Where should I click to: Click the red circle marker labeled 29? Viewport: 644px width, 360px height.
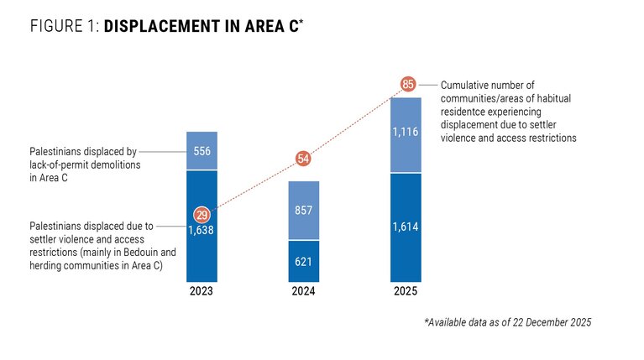202,214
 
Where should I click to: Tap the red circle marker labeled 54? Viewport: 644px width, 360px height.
304,159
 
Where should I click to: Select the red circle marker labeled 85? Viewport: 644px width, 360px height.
408,84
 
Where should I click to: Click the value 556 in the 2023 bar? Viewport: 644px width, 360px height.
202,152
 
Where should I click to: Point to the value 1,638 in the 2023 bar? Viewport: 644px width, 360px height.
202,228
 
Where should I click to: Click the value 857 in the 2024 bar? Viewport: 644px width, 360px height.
304,212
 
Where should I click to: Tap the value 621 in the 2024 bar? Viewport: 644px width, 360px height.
304,262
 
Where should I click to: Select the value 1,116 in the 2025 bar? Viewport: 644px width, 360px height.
406,133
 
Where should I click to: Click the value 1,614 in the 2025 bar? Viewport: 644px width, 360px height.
406,227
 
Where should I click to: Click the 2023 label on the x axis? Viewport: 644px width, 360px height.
202,293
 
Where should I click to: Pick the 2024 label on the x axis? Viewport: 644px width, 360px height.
304,293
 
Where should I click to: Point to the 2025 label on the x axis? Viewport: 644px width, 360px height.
406,293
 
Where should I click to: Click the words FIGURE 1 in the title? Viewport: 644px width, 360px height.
64,26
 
